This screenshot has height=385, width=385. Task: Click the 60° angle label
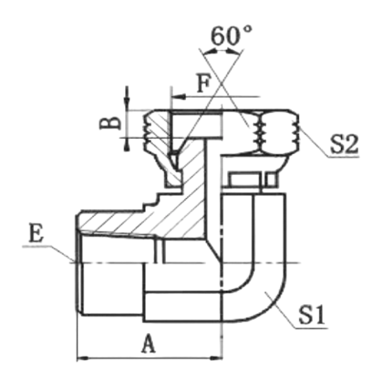click(231, 36)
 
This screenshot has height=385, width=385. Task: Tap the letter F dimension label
click(204, 83)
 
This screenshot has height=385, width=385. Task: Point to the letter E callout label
click(36, 232)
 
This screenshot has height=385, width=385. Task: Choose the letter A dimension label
click(148, 343)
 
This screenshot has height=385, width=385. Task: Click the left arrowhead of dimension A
click(83, 358)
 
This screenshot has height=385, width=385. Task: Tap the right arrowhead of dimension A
click(216, 358)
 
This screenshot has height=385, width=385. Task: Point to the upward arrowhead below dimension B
click(127, 144)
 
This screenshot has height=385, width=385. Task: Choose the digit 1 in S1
click(319, 315)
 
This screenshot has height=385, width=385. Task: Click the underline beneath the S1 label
click(311, 328)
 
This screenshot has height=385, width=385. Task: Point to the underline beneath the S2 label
click(344, 156)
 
